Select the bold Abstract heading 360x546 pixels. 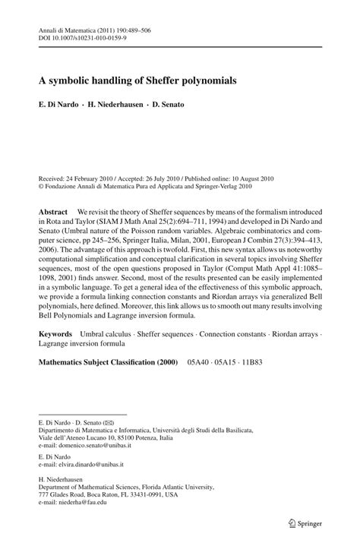click(x=54, y=210)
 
